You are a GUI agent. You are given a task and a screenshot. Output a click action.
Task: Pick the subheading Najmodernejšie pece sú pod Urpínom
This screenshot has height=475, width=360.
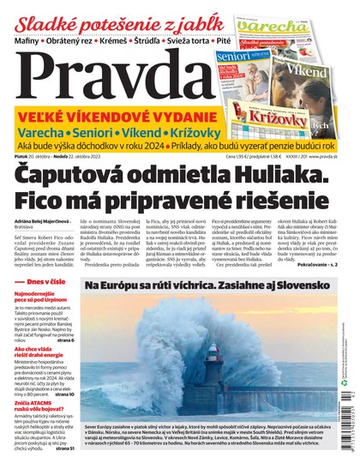click(x=41, y=321)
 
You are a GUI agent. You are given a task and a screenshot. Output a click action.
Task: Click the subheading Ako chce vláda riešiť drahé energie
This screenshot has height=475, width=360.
click(x=43, y=377)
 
